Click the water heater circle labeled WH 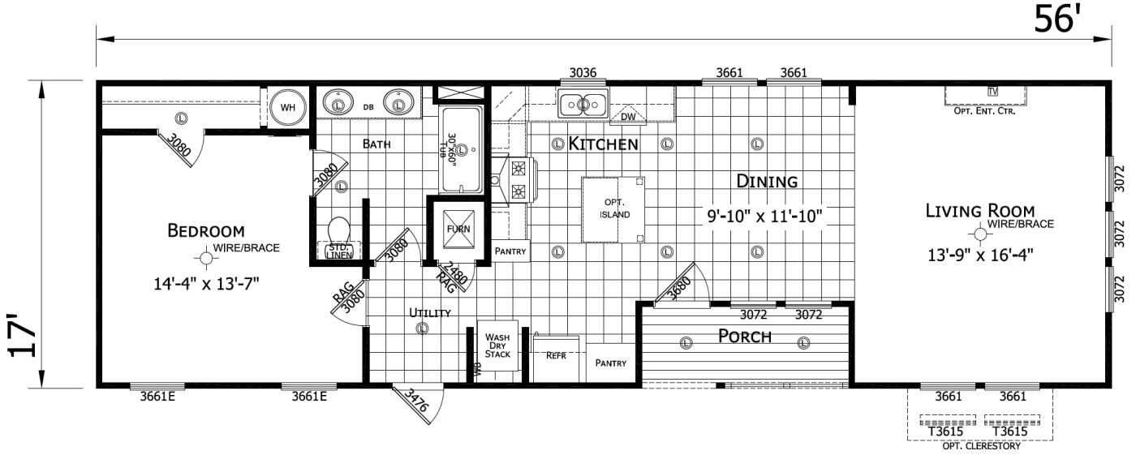[286, 107]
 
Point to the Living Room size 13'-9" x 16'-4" [985, 253]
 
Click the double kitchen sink [583, 104]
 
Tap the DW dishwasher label [627, 117]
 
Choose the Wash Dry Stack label [497, 346]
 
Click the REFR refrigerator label [556, 355]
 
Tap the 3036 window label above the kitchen [583, 73]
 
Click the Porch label [744, 337]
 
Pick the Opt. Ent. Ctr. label [985, 111]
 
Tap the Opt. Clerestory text [980, 444]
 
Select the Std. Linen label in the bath [338, 251]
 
